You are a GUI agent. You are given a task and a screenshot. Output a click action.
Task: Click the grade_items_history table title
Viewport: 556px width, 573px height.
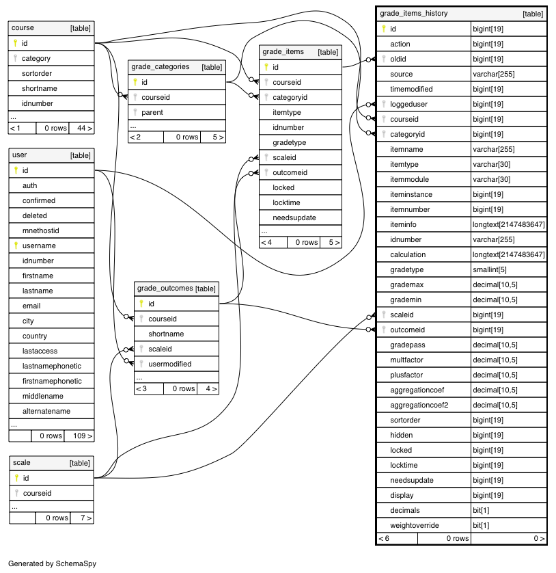point(414,14)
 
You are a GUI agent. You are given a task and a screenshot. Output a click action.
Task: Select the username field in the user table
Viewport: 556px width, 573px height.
point(39,245)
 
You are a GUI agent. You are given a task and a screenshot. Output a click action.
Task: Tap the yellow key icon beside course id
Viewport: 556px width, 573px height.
point(15,43)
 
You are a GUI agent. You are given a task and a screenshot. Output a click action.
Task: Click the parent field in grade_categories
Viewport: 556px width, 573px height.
point(152,112)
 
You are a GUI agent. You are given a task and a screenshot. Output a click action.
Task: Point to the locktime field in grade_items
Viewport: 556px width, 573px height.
point(286,202)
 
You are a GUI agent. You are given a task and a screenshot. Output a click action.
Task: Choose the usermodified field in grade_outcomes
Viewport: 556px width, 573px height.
point(170,364)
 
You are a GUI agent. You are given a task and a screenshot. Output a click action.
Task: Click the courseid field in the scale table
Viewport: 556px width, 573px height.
point(38,493)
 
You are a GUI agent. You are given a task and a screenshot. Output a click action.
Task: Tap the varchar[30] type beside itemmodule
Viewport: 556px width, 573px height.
point(491,179)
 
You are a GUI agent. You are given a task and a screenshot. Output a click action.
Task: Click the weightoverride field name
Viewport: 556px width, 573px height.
point(415,526)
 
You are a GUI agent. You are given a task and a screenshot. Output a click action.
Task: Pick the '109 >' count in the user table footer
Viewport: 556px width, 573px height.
point(83,436)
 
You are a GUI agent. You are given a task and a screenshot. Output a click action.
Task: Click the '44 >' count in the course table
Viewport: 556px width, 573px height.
point(85,129)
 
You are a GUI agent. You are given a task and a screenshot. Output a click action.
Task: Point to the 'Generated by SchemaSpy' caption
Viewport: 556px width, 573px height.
point(52,563)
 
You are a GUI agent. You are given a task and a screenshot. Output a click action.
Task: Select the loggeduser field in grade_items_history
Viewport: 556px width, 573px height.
point(409,104)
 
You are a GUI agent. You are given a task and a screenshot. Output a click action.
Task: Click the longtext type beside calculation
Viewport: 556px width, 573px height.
point(509,254)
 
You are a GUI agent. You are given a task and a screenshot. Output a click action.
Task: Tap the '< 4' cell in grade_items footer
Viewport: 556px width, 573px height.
point(266,242)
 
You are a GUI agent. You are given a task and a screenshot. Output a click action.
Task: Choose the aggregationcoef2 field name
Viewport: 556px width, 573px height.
point(419,405)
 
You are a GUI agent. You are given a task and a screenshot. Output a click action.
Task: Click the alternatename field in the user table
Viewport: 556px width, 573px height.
point(46,411)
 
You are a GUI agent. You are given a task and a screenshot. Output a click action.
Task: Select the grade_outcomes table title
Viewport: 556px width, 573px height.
point(165,289)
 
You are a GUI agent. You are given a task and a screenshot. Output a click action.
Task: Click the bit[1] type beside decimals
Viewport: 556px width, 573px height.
point(481,511)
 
